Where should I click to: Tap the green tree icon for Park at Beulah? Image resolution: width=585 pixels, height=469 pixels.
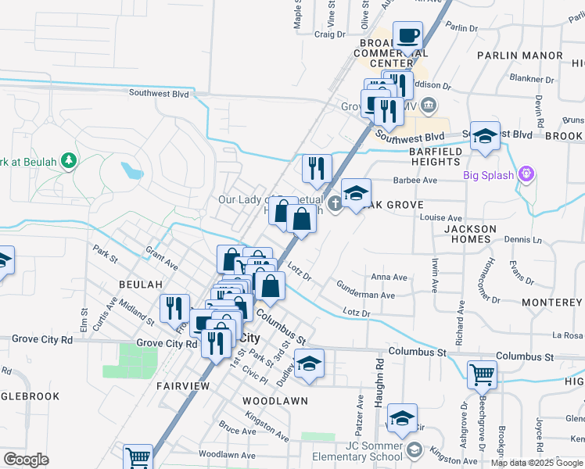70,161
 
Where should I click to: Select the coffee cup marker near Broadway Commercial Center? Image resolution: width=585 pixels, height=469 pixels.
407,37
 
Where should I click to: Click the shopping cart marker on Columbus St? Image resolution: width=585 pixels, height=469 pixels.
482,375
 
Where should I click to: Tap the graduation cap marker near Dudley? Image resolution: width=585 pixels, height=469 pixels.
310,364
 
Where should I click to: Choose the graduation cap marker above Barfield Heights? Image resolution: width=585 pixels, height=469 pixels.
485,136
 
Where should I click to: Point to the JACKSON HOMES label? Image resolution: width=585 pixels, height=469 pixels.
470,234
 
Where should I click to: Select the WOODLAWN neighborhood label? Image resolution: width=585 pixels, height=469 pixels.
275,400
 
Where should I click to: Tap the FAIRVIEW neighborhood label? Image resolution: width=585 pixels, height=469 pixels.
182,386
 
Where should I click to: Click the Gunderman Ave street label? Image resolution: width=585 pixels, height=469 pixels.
365,295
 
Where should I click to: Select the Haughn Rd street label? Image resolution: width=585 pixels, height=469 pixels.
379,375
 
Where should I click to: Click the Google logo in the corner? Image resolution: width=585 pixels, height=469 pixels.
27,460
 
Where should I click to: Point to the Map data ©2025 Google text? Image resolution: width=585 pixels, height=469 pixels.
537,463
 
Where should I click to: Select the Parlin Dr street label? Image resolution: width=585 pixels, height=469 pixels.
462,27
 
